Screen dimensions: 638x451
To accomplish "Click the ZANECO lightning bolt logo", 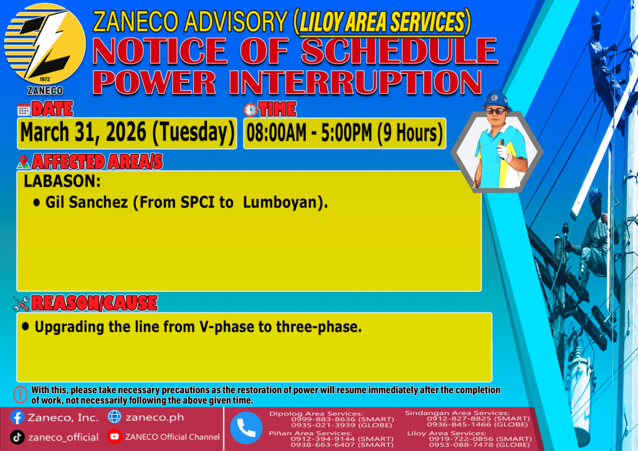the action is coord(45,44).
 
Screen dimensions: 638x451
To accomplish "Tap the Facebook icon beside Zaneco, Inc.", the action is coord(17,417).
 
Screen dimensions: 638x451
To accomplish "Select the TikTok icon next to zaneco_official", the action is coord(17,437).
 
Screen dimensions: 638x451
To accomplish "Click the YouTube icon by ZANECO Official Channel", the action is coord(115,436).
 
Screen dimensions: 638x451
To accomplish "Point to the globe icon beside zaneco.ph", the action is coord(115,417).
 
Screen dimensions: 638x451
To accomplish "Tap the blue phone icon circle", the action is coord(246,428).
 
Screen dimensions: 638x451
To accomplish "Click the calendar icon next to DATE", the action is coord(24,110).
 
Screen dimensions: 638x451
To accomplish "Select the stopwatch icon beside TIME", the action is coord(250,110).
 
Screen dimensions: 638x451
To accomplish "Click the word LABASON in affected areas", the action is coord(62,181).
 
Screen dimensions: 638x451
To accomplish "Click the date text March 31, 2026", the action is coord(83,133).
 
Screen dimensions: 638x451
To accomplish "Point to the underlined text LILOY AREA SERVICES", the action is coord(382,22).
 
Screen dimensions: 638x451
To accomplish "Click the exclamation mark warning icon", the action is coord(21,394).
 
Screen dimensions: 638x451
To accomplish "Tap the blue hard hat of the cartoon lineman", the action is coord(496,100).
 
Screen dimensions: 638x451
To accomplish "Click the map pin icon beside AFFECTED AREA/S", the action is coord(24,162).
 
